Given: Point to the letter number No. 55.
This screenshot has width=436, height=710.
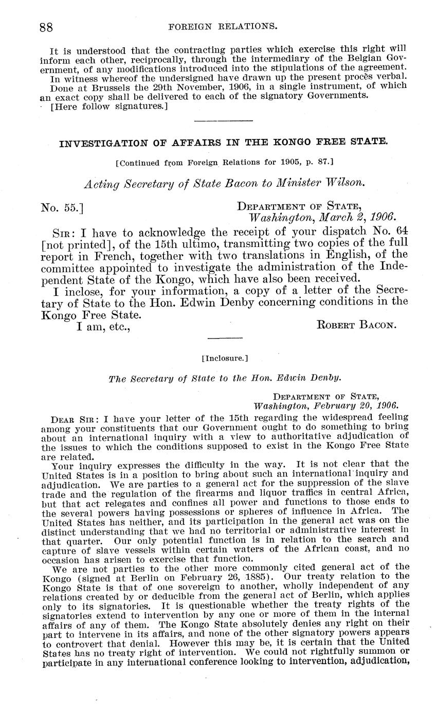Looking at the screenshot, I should [x=62, y=208].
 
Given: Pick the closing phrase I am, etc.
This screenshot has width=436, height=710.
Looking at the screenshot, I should [x=103, y=326].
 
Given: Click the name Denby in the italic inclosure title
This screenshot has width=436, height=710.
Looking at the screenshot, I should [x=329, y=378].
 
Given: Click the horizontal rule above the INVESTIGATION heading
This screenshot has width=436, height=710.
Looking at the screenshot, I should [x=224, y=121].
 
